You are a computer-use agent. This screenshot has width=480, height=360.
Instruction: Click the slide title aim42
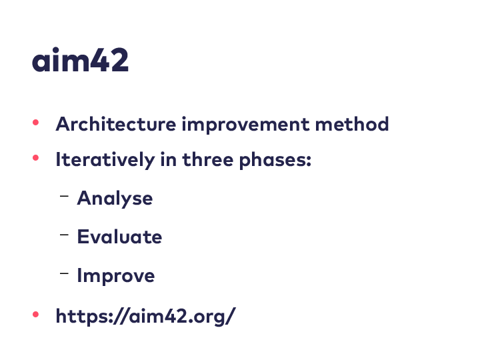click(80, 60)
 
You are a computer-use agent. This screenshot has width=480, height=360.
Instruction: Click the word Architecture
click(116, 124)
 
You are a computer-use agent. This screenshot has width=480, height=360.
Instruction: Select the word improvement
click(246, 125)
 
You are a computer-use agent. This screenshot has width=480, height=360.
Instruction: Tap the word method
click(352, 124)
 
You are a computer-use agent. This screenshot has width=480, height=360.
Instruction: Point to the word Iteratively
click(105, 160)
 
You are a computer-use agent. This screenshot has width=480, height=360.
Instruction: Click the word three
click(208, 159)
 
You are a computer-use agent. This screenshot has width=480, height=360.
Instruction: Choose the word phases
click(273, 161)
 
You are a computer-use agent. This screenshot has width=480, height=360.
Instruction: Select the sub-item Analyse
click(115, 199)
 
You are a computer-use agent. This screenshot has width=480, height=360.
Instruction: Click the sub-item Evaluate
click(120, 237)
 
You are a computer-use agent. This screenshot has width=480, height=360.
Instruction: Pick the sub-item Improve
click(116, 276)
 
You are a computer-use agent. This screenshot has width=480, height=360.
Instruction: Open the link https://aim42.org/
click(146, 316)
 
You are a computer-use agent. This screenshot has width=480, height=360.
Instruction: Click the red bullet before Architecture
click(35, 123)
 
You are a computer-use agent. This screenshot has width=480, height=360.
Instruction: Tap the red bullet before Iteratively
click(35, 158)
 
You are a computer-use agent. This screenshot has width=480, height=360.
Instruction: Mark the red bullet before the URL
click(35, 315)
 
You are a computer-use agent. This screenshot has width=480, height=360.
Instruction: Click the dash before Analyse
click(64, 196)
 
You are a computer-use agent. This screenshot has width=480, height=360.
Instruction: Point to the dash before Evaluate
click(64, 235)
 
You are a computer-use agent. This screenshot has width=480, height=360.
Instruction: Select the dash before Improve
click(64, 273)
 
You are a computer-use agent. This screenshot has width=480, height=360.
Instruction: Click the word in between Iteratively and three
click(169, 159)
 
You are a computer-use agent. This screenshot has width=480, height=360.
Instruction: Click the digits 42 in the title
click(109, 60)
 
